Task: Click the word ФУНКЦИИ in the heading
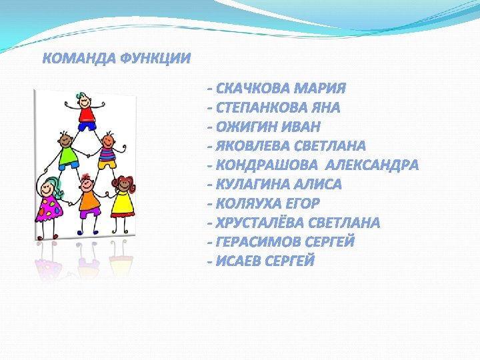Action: click(x=155, y=59)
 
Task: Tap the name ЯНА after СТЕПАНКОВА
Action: click(x=326, y=108)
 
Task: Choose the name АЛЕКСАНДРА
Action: click(x=371, y=165)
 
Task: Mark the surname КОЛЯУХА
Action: click(x=250, y=203)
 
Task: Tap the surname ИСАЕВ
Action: click(x=239, y=261)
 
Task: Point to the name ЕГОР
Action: click(x=303, y=203)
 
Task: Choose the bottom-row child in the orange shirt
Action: click(x=87, y=197)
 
